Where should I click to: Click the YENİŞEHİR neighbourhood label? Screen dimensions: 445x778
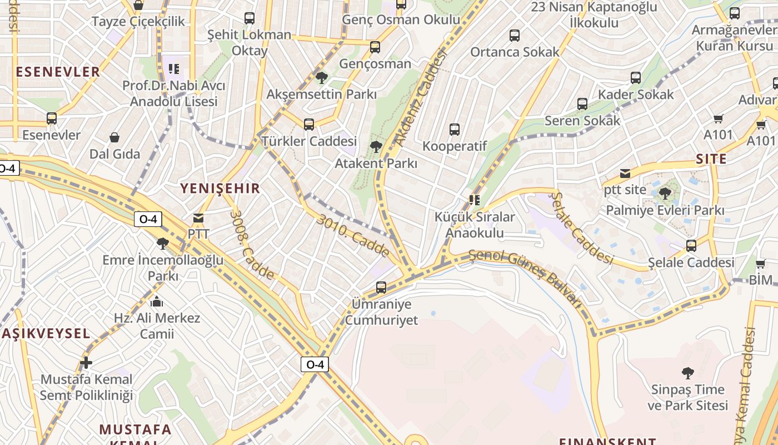(220, 188)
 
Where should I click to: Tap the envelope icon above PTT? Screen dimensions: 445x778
(198, 218)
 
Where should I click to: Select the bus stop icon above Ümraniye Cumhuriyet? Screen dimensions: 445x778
(381, 288)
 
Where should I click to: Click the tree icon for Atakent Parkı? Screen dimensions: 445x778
(376, 147)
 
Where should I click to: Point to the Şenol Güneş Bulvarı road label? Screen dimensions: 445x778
(525, 276)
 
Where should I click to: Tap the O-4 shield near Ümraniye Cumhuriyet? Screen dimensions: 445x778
(315, 364)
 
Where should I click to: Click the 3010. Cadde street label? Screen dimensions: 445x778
(353, 236)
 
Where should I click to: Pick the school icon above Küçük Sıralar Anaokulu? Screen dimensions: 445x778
(474, 200)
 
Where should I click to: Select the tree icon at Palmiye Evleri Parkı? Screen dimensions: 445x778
(665, 194)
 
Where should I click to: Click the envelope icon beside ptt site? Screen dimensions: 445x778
(625, 173)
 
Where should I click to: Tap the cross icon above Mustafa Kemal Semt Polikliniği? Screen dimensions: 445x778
(86, 363)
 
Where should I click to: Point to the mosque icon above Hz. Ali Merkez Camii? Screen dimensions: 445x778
(157, 301)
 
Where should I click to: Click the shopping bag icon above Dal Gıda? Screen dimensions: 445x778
(114, 137)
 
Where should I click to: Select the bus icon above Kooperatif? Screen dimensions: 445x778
(455, 130)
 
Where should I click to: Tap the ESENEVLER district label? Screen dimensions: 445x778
(58, 71)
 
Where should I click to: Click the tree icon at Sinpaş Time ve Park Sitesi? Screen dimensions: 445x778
(687, 373)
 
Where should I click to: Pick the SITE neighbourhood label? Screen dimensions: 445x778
(711, 159)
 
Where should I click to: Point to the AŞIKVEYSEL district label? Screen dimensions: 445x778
(46, 333)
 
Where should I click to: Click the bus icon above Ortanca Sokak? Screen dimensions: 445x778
(515, 36)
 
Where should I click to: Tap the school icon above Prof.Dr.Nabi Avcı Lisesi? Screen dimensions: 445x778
(173, 69)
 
